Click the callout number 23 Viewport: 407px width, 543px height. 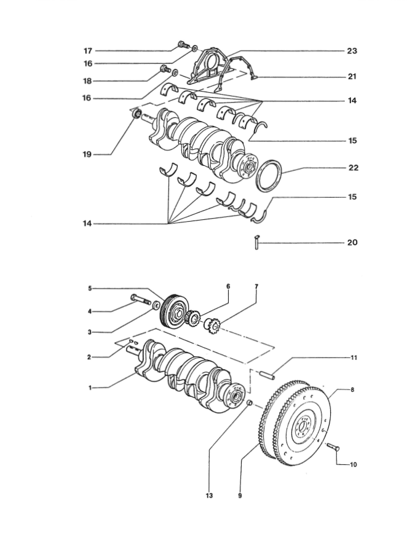tap(352, 51)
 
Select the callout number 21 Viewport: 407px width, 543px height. tap(352, 76)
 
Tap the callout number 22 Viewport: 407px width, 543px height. tap(354, 168)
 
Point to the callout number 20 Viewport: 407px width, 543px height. tap(352, 242)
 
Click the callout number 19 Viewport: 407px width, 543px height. tap(87, 154)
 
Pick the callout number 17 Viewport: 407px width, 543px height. tap(88, 51)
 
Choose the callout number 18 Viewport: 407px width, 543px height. tap(87, 81)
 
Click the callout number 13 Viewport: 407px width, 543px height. tap(209, 496)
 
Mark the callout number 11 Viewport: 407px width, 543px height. tap(354, 357)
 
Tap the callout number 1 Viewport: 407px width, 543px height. tap(90, 388)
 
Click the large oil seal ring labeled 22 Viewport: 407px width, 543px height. tap(270, 175)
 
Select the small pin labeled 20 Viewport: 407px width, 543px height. tap(257, 242)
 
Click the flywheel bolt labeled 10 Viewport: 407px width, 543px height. tap(333, 447)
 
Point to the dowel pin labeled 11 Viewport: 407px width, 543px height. tap(267, 374)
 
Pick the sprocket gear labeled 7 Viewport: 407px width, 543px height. tap(212, 326)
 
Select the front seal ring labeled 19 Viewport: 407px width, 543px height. tap(137, 113)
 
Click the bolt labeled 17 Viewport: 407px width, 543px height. tap(183, 45)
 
